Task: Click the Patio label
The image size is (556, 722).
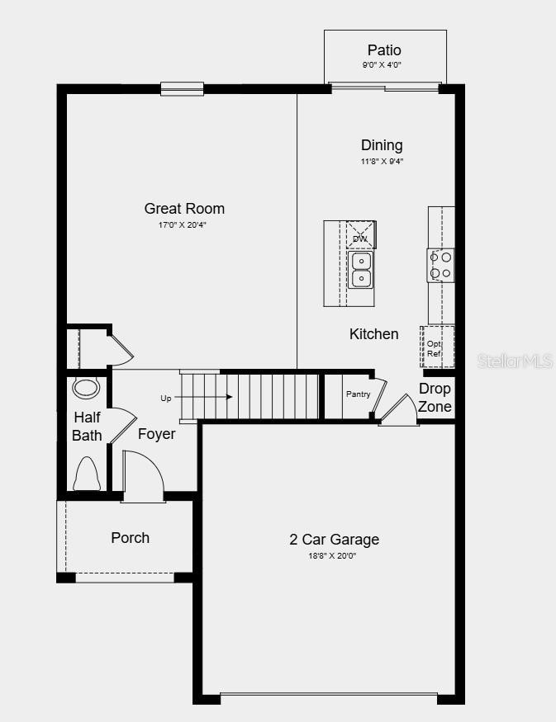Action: [384, 50]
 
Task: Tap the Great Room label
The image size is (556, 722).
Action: [184, 209]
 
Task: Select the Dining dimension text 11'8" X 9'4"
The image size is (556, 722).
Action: [382, 162]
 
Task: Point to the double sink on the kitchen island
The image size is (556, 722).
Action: [361, 270]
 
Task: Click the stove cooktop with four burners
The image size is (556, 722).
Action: [440, 264]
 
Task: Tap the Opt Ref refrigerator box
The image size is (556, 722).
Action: [435, 348]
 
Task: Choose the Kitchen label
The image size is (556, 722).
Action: [373, 334]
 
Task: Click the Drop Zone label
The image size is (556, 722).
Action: [435, 397]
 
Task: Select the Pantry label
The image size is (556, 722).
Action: [358, 394]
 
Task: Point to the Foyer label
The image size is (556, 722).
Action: [156, 433]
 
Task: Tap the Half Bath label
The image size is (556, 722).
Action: [87, 426]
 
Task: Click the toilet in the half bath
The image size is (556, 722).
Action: [87, 474]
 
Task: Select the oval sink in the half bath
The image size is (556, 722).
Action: [85, 388]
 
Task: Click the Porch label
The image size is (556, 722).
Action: [131, 538]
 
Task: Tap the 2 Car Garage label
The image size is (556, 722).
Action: [334, 540]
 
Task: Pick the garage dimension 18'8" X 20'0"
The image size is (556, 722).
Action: [334, 556]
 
